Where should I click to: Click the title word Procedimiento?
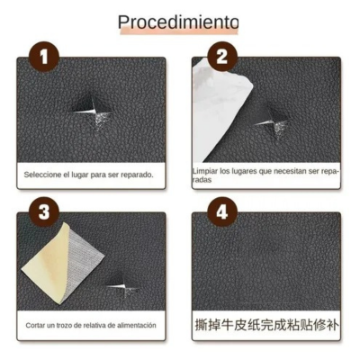click(x=178, y=22)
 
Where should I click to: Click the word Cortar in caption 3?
click(x=37, y=326)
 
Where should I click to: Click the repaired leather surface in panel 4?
click(x=266, y=265)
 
